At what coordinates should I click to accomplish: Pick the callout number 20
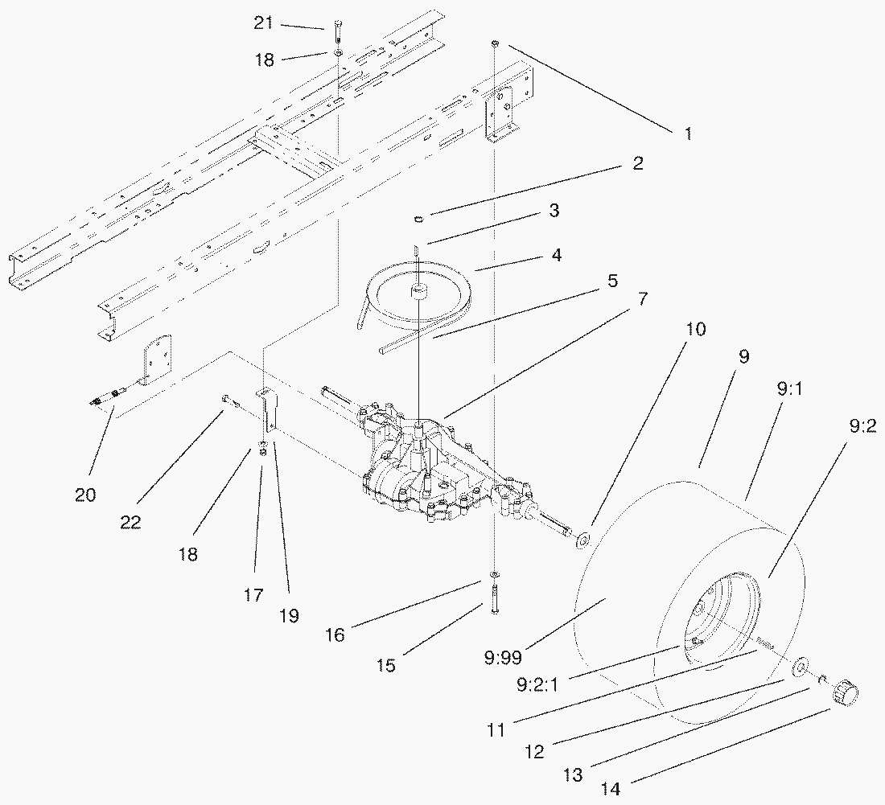point(85,495)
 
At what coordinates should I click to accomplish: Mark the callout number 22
point(130,523)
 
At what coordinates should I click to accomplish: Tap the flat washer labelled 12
point(801,667)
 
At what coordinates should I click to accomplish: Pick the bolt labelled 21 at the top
point(335,36)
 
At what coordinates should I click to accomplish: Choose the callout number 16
point(335,635)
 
